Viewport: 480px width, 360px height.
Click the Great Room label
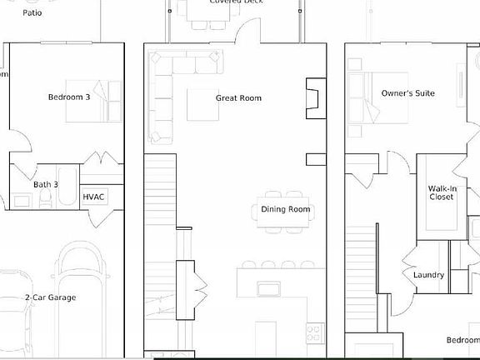click(238, 98)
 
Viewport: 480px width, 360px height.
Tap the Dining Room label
click(286, 209)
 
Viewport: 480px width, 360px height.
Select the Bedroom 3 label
click(68, 97)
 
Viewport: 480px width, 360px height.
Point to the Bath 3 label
click(46, 184)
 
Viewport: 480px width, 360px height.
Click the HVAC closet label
click(92, 197)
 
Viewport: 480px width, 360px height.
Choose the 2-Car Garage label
click(50, 297)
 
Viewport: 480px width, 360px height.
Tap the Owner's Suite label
click(408, 93)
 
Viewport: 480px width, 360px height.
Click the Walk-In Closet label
click(441, 193)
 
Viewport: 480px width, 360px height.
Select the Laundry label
click(428, 275)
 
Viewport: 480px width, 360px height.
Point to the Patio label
click(32, 13)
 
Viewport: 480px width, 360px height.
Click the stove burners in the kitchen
click(314, 333)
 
